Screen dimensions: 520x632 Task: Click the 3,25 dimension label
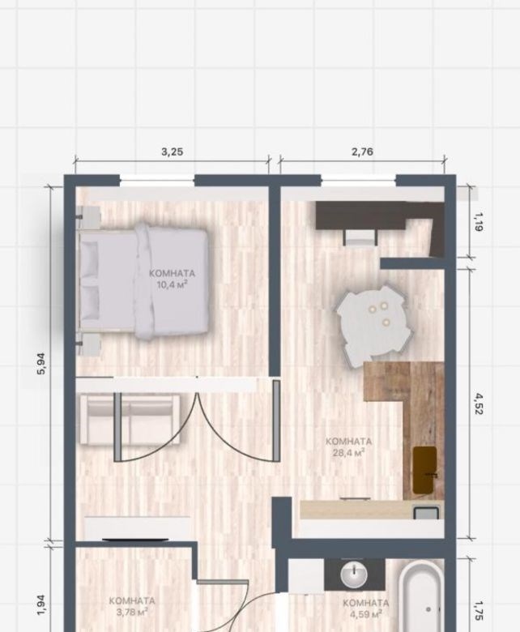pos(172,152)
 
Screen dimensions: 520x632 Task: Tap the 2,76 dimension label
pos(362,152)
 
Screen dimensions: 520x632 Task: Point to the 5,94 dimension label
pos(41,364)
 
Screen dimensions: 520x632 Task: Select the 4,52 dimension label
pos(479,404)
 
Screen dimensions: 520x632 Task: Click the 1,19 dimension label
pos(479,222)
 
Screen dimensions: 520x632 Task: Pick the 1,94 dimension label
pos(41,605)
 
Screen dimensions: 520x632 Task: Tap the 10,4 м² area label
pos(173,285)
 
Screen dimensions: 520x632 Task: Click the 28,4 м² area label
pos(349,453)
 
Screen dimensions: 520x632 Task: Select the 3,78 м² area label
pos(132,613)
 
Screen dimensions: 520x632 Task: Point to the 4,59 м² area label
pos(366,614)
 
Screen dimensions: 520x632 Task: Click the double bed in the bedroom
pos(143,280)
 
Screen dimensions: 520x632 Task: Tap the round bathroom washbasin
pos(354,575)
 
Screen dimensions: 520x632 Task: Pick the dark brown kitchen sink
pos(425,470)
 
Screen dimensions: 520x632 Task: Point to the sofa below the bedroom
pos(130,420)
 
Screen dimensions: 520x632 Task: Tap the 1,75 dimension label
pos(479,611)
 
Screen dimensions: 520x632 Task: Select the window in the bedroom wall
pos(157,181)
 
